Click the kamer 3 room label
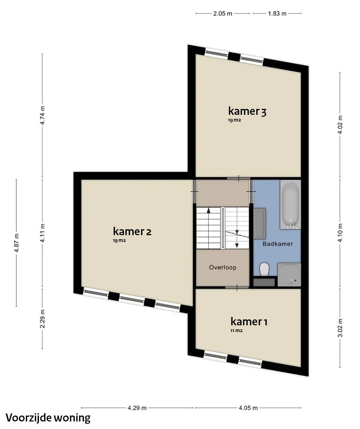(247, 111)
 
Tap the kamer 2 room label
(132, 232)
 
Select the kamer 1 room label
(249, 321)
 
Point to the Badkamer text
(278, 244)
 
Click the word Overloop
(223, 267)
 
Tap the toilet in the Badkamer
(264, 269)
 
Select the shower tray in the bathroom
(289, 275)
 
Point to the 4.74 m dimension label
(42, 115)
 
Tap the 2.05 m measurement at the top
(223, 14)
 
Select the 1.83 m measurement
(277, 14)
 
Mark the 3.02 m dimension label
(340, 328)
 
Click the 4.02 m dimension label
(340, 124)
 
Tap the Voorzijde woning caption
(48, 417)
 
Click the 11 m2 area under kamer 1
(236, 330)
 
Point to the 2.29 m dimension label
(42, 319)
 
